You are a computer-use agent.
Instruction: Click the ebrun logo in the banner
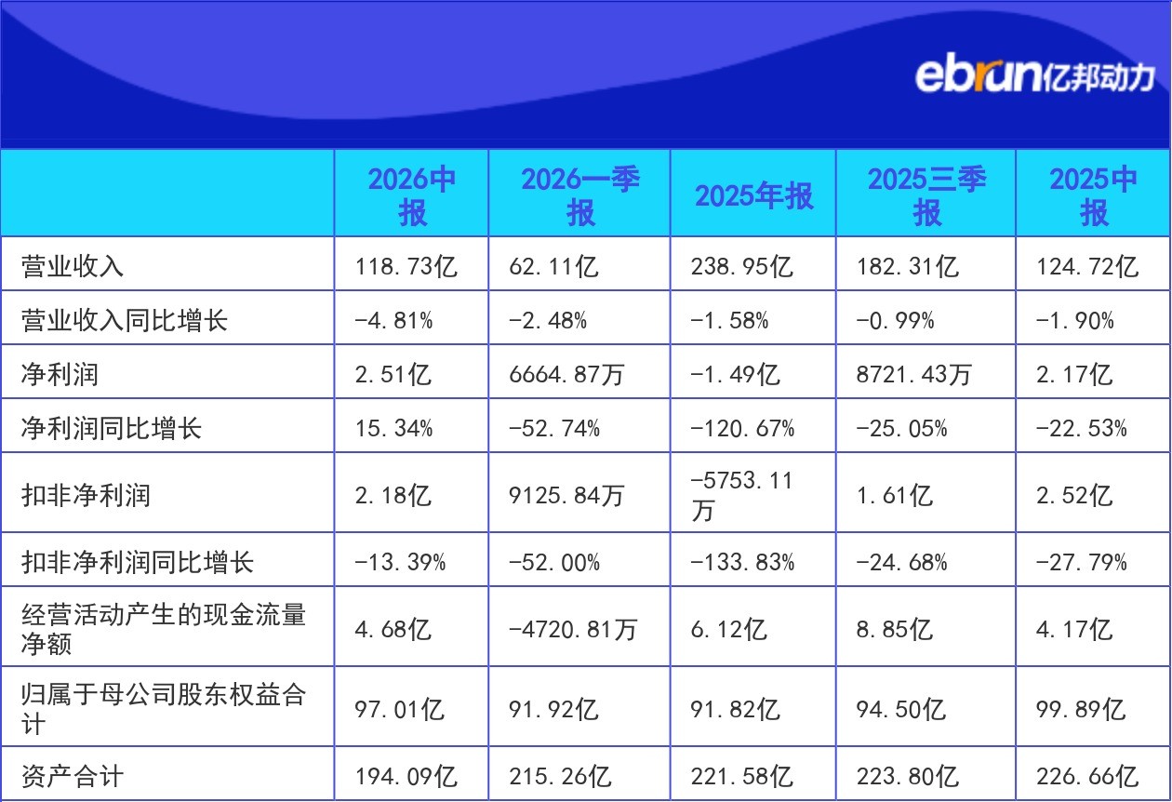(1034, 76)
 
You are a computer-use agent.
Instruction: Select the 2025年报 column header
(754, 196)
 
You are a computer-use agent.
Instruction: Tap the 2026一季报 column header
(580, 195)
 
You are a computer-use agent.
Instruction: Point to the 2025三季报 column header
(927, 195)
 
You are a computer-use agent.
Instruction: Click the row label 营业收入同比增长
(125, 320)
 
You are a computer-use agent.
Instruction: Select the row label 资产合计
(73, 776)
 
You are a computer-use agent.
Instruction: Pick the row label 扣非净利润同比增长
(138, 563)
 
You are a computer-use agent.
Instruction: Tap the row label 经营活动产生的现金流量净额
(164, 629)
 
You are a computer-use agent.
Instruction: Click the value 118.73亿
(406, 266)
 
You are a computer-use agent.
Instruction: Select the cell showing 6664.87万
(566, 375)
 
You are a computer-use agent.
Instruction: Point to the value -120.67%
(742, 429)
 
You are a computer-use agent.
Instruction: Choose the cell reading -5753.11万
(741, 495)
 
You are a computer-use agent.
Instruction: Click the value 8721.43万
(913, 375)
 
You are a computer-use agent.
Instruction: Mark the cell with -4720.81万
(573, 629)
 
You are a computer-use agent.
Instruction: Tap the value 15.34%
(394, 429)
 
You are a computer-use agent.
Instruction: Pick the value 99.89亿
(1081, 710)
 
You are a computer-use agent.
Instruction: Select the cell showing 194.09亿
(406, 777)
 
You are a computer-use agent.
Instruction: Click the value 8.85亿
(894, 629)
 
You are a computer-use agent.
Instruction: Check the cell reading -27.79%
(1082, 563)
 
